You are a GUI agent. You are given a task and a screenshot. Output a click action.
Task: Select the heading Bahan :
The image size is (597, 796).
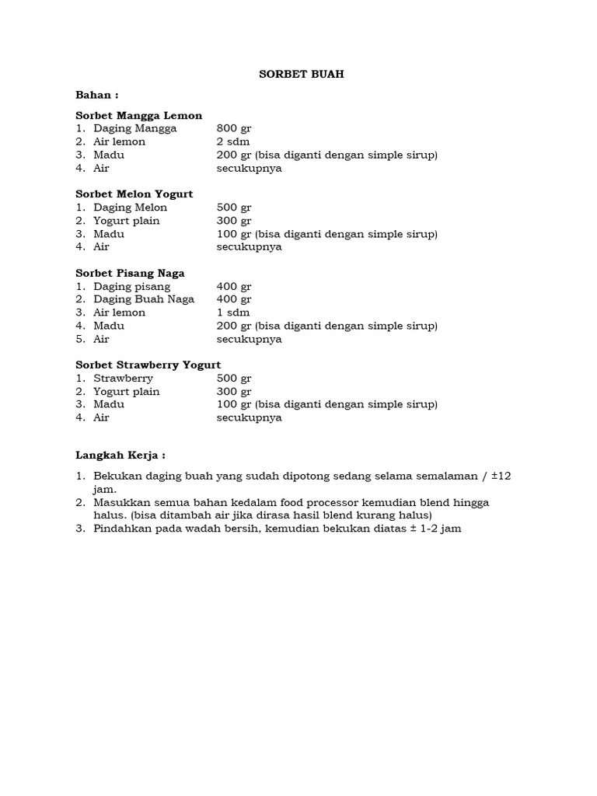[96, 95]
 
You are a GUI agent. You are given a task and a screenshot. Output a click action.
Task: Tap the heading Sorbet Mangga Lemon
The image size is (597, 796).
[138, 115]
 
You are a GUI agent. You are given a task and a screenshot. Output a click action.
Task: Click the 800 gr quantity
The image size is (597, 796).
[234, 128]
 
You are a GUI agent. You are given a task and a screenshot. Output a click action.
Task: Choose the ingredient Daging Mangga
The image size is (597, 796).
[134, 128]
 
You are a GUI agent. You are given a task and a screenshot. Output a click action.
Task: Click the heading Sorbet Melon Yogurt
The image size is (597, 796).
[134, 194]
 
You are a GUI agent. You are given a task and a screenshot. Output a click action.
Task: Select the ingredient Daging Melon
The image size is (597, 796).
[130, 208]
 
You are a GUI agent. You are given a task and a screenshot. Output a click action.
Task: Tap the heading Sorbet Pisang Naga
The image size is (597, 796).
[130, 273]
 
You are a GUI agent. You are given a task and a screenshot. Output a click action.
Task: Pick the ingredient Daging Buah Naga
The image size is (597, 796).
[144, 299]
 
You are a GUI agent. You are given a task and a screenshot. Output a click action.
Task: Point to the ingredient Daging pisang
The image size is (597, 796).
[131, 287]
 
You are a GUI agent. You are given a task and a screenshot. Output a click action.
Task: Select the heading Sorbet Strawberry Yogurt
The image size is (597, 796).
[148, 365]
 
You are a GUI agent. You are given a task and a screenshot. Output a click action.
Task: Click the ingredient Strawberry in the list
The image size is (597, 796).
[123, 379]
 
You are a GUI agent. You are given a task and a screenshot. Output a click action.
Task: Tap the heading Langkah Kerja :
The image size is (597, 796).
[120, 456]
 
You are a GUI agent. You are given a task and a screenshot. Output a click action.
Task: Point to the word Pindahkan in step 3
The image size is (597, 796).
[122, 529]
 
